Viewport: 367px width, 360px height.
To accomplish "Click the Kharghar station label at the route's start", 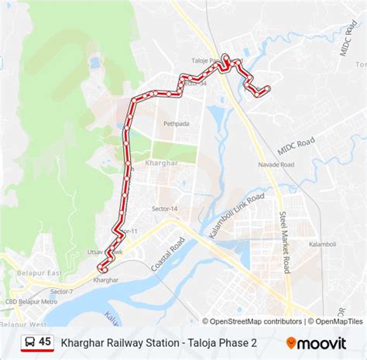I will [x=108, y=279].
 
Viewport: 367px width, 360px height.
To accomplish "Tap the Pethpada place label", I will [x=175, y=123].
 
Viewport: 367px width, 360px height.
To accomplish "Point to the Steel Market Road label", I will [x=285, y=242].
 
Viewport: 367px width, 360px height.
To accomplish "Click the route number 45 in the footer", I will [x=45, y=342].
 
